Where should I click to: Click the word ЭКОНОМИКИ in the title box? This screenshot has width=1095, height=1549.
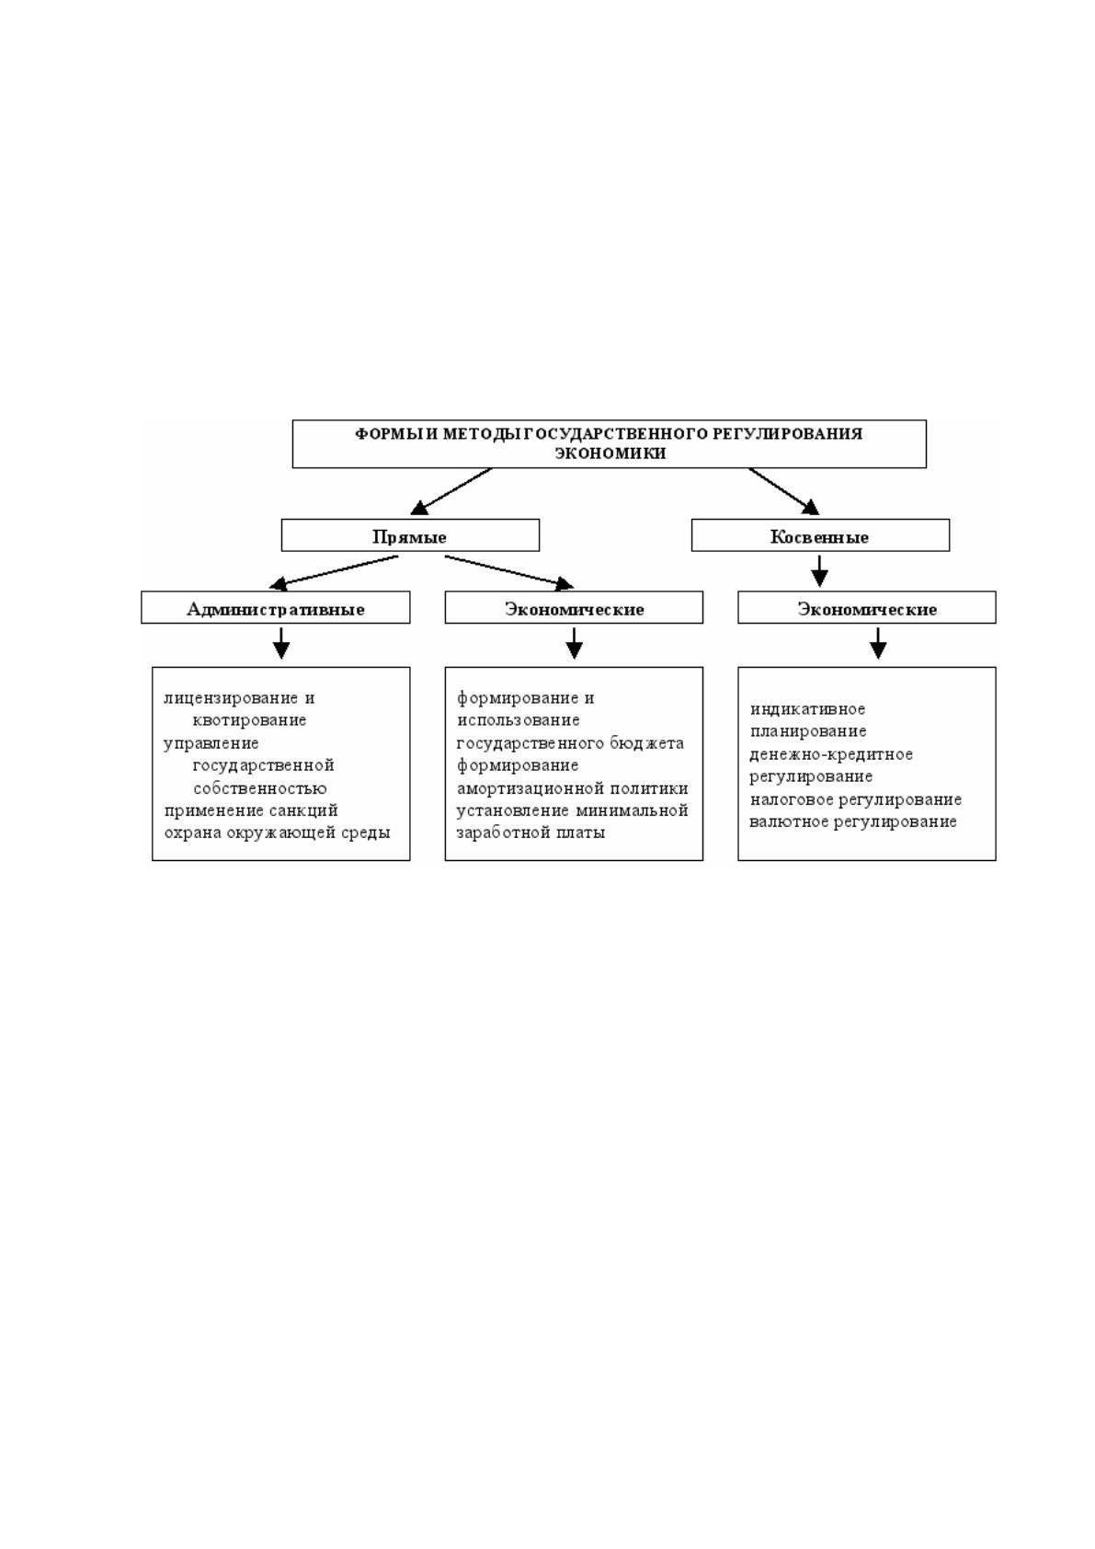click(610, 453)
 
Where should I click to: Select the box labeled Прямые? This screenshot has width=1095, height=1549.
click(410, 535)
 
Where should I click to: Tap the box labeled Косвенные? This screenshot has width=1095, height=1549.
click(820, 535)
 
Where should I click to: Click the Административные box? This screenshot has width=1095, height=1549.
click(275, 607)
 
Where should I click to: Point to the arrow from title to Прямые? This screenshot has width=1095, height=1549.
click(451, 491)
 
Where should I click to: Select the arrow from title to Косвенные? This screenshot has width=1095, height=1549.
click(784, 491)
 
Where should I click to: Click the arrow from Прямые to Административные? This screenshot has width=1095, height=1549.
click(333, 572)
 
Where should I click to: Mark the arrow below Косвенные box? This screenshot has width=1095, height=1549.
click(819, 571)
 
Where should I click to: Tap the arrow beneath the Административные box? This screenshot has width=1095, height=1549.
click(280, 643)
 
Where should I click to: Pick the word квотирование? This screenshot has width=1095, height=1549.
click(249, 720)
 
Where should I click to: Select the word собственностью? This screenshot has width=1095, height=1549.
click(260, 788)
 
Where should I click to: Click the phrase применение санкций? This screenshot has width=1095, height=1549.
click(251, 810)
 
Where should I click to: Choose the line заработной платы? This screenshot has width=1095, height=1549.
click(530, 832)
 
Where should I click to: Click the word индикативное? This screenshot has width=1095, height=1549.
click(807, 709)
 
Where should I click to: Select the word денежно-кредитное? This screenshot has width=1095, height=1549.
click(831, 754)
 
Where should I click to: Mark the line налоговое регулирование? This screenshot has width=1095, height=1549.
click(856, 799)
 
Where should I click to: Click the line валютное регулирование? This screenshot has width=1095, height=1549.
click(853, 821)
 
